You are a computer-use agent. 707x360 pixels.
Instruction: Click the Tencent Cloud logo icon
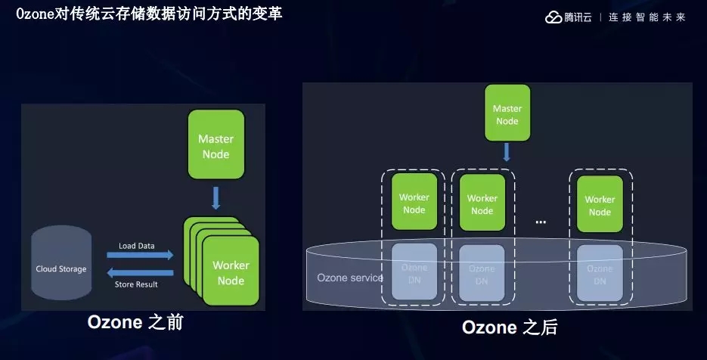(554, 17)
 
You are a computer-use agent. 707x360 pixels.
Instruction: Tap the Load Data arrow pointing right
(141, 256)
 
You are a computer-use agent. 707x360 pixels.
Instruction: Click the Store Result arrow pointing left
(141, 273)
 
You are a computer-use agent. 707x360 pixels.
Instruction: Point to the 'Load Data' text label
(136, 246)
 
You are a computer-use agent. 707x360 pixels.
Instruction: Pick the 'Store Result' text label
(136, 284)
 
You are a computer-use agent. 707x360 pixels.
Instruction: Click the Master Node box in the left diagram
(216, 145)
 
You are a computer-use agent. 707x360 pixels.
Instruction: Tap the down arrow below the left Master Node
(216, 197)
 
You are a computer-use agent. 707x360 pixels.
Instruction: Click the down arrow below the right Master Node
(507, 152)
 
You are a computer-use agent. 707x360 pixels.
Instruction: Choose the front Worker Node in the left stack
(231, 272)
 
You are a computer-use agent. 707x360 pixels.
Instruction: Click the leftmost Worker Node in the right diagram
(414, 203)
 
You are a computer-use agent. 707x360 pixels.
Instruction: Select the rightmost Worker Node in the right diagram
(600, 204)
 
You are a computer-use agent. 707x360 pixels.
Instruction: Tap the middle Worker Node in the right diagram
(482, 203)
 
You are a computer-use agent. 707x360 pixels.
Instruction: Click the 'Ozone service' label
(349, 278)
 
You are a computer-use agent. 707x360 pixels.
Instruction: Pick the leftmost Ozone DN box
(414, 274)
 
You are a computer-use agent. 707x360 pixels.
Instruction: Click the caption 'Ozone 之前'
(135, 323)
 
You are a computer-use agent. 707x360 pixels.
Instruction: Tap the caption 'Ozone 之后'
(510, 328)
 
